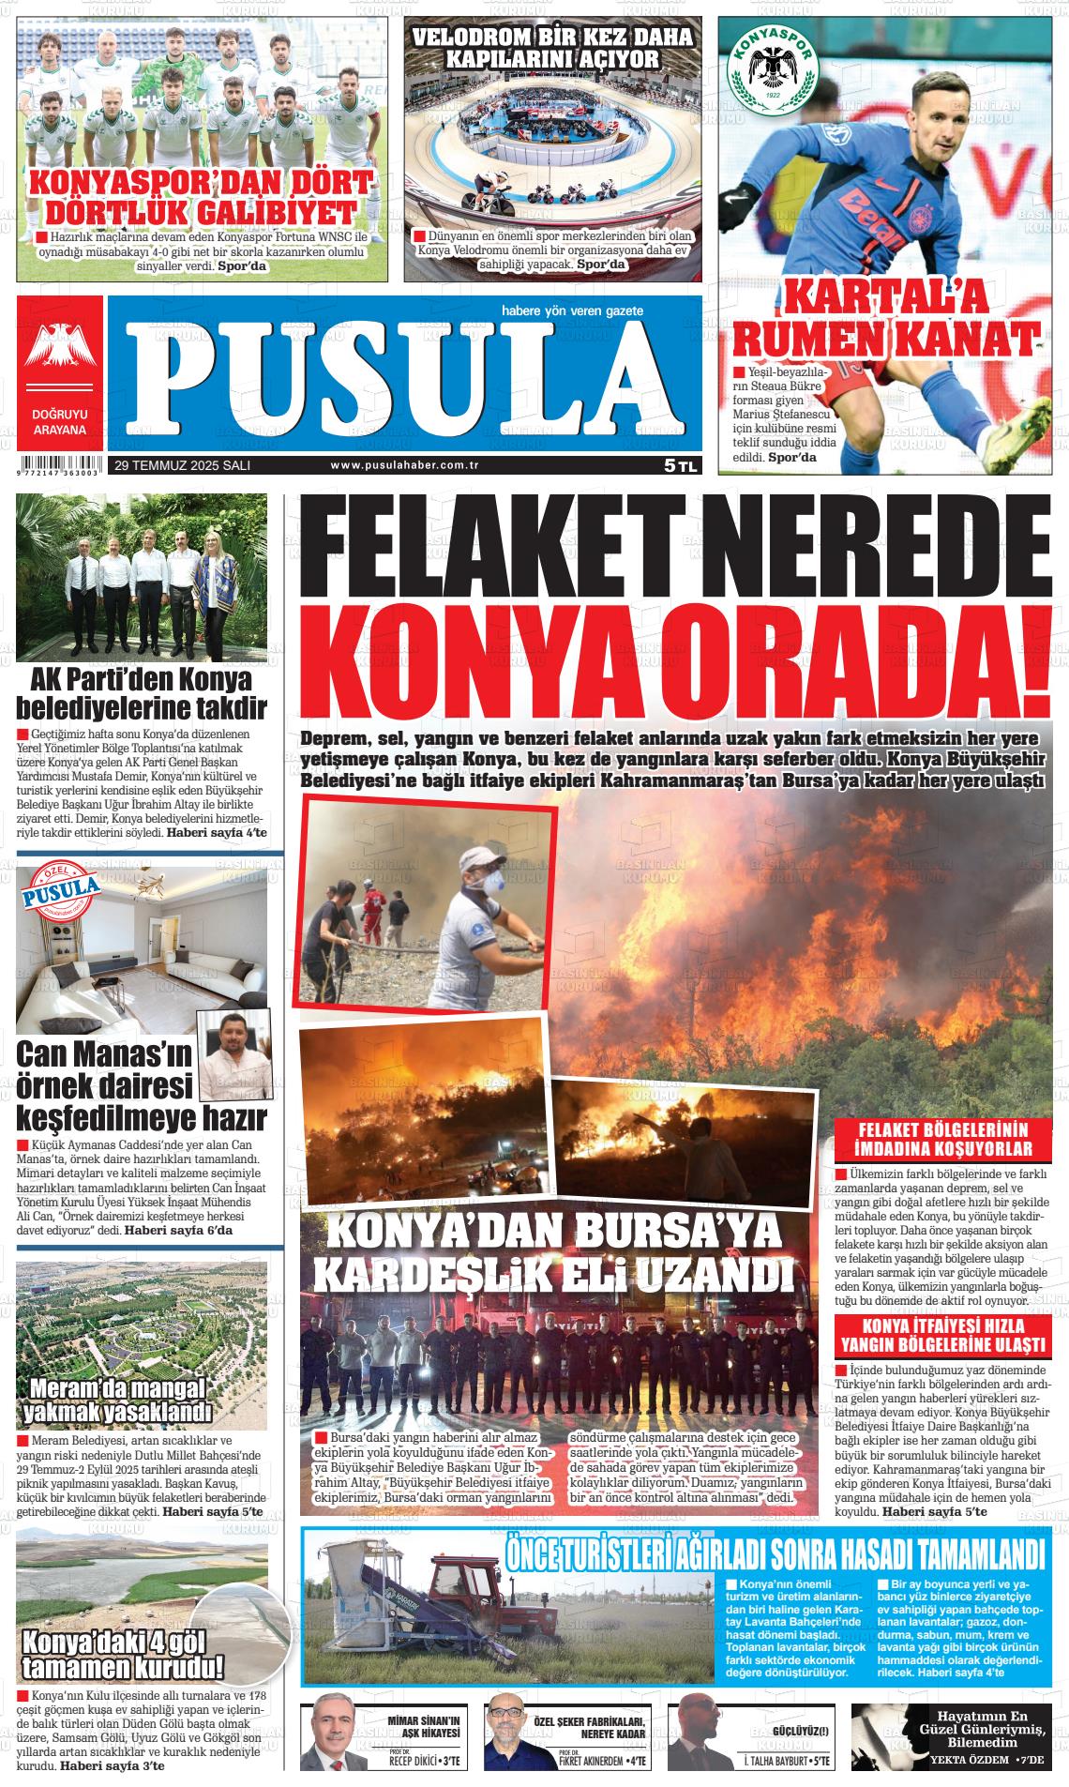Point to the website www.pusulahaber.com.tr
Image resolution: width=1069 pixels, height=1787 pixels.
[x=405, y=465]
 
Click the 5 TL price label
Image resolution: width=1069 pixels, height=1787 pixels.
[x=680, y=464]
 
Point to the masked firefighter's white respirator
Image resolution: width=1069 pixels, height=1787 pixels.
[x=490, y=882]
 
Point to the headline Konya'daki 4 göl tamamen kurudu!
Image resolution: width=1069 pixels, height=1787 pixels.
[x=123, y=1653]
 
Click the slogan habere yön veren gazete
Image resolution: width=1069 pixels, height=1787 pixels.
[x=572, y=310]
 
